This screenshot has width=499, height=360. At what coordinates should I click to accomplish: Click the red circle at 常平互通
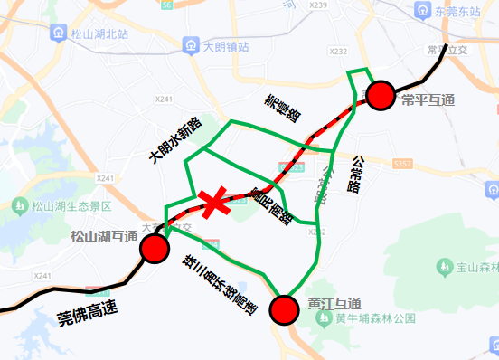click(381, 94)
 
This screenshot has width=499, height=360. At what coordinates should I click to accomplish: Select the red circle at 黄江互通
click(285, 309)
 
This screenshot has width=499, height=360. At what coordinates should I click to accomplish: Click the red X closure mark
click(214, 203)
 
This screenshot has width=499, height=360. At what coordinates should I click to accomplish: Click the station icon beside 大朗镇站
click(190, 43)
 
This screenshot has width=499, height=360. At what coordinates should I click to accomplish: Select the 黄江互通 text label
click(334, 302)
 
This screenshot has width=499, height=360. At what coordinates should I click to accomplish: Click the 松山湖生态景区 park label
click(71, 206)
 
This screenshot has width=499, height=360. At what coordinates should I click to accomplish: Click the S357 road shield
click(403, 164)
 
